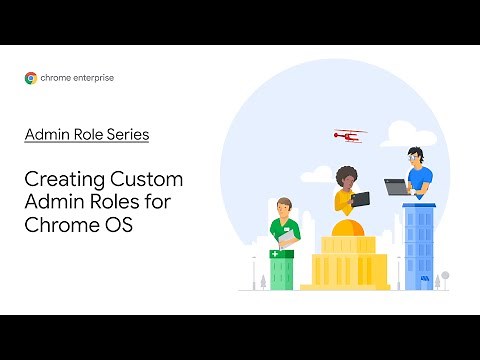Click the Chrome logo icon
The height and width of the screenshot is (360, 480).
coord(31,77)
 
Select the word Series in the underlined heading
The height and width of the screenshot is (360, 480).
coord(128,134)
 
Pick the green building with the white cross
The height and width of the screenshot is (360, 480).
coord(283,267)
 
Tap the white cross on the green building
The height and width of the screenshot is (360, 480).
coord(276,256)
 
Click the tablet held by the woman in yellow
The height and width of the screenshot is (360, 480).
coord(360,198)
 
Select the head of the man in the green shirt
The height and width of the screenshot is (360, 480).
coord(284,206)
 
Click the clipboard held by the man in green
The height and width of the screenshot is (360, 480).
coord(286,239)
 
